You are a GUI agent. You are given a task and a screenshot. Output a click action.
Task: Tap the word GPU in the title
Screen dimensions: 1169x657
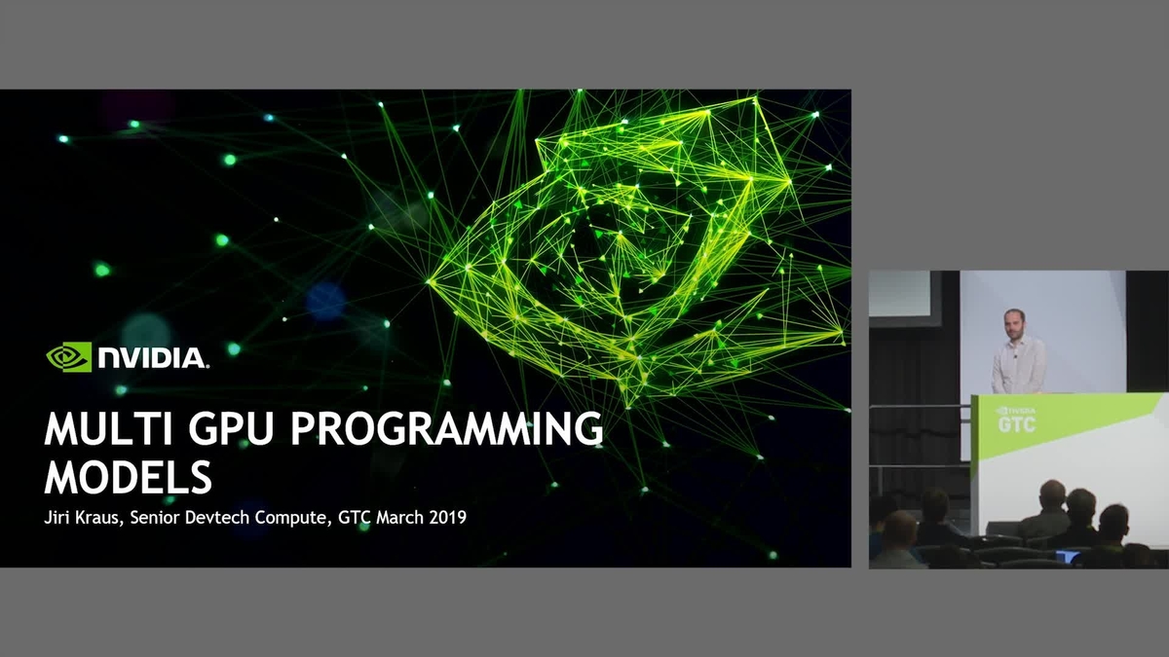(x=231, y=429)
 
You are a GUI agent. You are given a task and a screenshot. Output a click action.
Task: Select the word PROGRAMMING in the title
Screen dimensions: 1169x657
(x=447, y=429)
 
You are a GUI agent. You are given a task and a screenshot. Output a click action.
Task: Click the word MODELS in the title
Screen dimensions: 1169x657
(x=129, y=477)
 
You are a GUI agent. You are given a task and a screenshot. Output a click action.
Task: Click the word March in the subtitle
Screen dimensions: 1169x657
(x=399, y=518)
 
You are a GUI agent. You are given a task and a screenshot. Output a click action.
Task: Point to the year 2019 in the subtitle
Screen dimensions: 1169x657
(x=448, y=518)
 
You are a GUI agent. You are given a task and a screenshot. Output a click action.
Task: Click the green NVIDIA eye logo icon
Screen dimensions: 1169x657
(x=69, y=357)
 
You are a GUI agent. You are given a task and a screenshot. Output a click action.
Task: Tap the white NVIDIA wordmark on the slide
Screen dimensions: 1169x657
(x=153, y=358)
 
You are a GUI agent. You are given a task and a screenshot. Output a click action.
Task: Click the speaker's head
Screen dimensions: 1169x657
(x=1014, y=323)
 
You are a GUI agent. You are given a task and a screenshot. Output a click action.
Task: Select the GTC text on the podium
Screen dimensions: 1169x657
(x=1017, y=424)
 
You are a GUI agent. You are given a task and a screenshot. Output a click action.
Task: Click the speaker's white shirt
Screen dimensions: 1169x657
(x=1019, y=365)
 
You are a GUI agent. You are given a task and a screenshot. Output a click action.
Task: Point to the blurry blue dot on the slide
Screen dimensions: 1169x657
(x=325, y=301)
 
